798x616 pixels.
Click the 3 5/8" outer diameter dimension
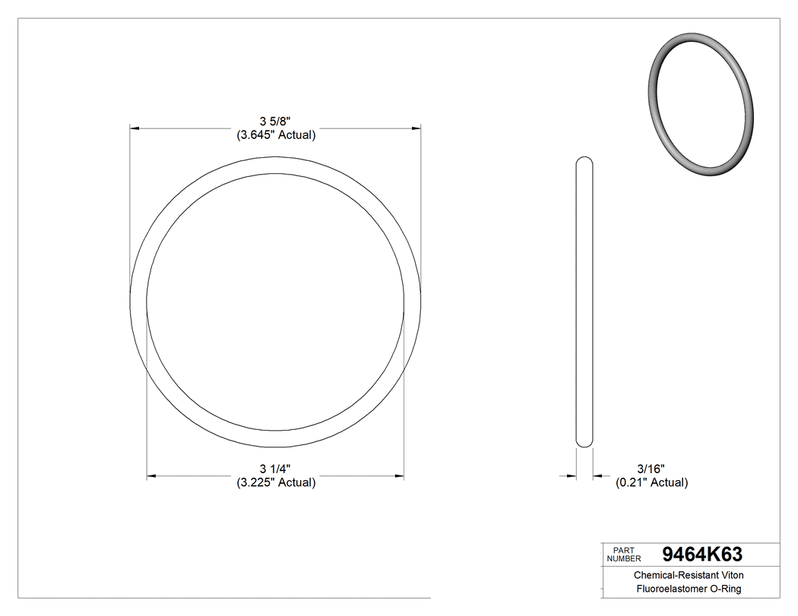tap(275, 122)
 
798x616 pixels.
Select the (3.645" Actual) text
tap(275, 135)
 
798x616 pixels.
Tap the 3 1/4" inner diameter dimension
tap(275, 469)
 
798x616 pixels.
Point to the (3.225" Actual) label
tap(275, 482)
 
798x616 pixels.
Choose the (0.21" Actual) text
tap(651, 482)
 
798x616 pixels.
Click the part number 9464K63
tap(702, 554)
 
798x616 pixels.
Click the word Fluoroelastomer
tap(667, 589)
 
